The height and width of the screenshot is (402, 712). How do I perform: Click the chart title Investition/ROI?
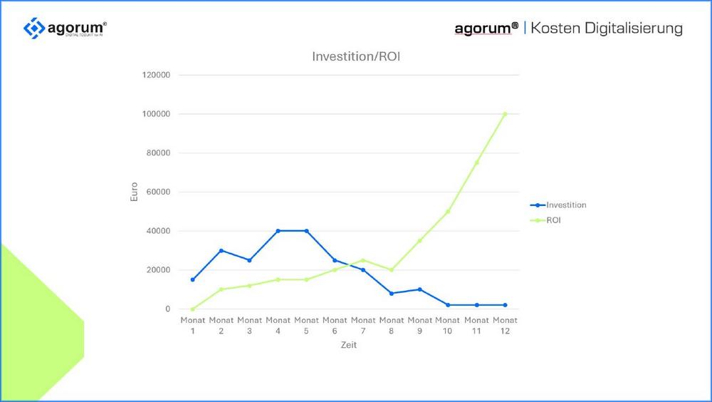point(356,56)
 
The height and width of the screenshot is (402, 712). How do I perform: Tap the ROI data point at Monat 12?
point(505,114)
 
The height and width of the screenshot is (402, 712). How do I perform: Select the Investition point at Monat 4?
point(278,231)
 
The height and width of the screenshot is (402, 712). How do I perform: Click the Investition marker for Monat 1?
point(192,279)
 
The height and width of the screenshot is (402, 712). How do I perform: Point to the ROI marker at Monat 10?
point(448,212)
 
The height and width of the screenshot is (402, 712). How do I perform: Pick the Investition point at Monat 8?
point(392,293)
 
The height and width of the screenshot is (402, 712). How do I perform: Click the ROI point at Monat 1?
point(192,309)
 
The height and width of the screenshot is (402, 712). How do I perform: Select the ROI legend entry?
point(554,220)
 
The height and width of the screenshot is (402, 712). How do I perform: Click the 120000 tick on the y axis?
point(156,75)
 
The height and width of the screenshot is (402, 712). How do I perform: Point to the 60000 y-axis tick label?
point(158,192)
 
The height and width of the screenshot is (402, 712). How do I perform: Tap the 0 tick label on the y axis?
point(168,309)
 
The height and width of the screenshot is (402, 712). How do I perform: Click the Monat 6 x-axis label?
point(335,325)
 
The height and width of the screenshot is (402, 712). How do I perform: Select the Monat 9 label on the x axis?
point(420,325)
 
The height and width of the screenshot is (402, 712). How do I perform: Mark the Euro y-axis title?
point(134,192)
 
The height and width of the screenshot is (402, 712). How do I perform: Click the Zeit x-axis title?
point(348,345)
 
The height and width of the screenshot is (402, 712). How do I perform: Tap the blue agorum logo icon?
point(33,29)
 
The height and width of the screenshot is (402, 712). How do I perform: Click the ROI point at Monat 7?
point(363,260)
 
